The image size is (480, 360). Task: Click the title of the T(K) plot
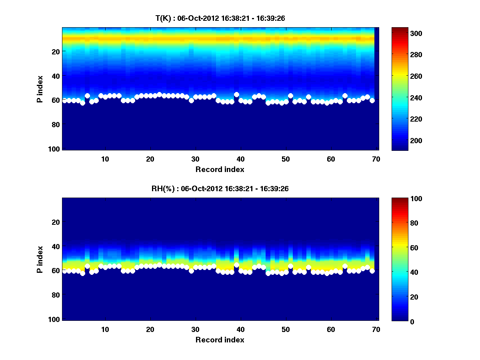pyautogui.click(x=220, y=18)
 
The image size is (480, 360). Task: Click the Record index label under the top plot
pyautogui.click(x=220, y=169)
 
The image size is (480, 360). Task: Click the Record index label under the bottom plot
pyautogui.click(x=220, y=340)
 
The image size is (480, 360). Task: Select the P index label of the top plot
pyautogui.click(x=40, y=89)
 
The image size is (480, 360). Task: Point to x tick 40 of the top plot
pyautogui.click(x=240, y=159)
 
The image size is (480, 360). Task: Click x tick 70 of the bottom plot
pyautogui.click(x=376, y=329)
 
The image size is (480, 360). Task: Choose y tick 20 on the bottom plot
pyautogui.click(x=56, y=222)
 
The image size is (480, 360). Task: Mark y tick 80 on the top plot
pyautogui.click(x=56, y=124)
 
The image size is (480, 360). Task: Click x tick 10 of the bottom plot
pyautogui.click(x=105, y=329)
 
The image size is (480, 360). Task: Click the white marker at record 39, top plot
pyautogui.click(x=236, y=94)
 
